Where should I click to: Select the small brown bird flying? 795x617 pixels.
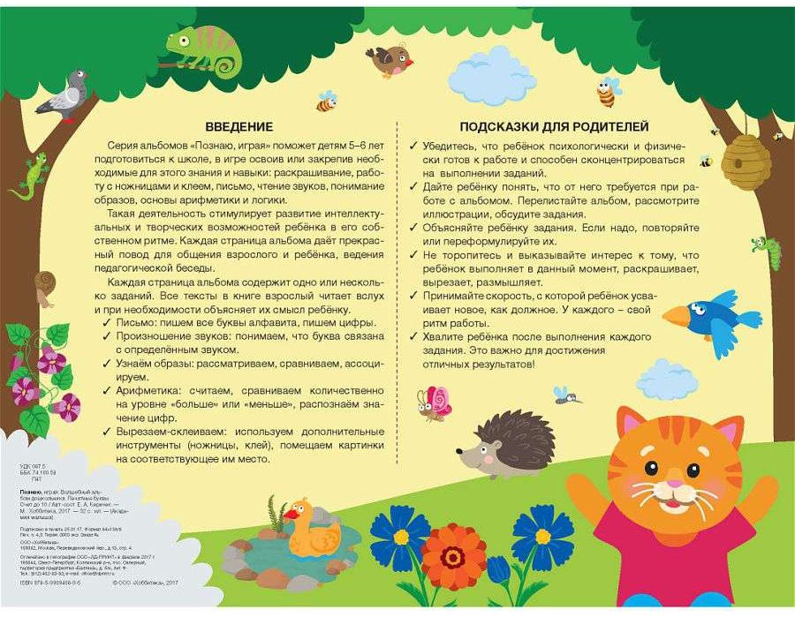click(x=390, y=61)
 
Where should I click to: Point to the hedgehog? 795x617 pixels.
click(x=509, y=442)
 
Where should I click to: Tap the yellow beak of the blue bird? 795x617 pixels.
click(x=677, y=315)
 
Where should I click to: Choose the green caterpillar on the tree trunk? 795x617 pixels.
click(x=770, y=253)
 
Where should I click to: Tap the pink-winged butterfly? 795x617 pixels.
click(x=434, y=403)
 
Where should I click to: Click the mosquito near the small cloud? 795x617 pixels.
click(x=564, y=395)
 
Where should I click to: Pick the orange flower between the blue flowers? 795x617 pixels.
click(x=453, y=555)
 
